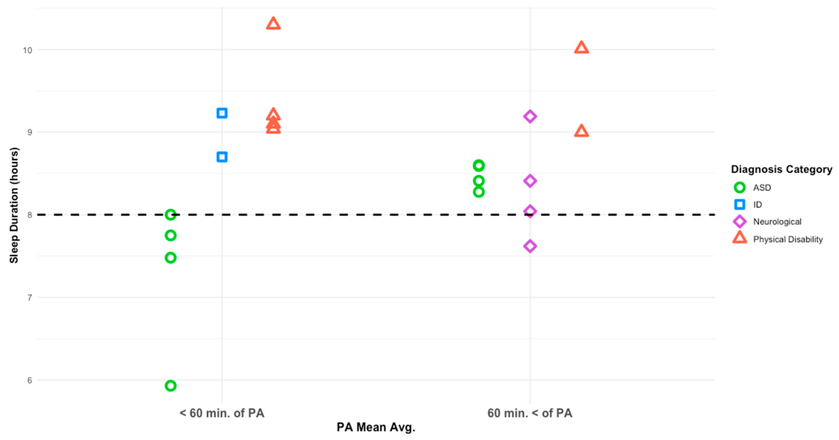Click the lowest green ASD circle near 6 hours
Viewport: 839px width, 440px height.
(x=170, y=386)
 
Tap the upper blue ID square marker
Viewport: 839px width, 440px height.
(x=222, y=113)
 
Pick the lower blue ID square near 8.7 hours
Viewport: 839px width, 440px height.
(x=222, y=157)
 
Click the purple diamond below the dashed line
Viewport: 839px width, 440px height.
(x=530, y=246)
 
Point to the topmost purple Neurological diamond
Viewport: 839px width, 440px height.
(x=530, y=116)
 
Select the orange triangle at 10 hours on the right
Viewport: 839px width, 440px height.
(x=581, y=48)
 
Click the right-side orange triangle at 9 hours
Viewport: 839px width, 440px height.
(x=581, y=131)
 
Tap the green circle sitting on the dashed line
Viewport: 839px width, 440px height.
(x=170, y=214)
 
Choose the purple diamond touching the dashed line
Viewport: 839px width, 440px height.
(x=530, y=211)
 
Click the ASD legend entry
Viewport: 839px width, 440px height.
(x=762, y=188)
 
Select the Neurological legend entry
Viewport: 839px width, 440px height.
(x=777, y=222)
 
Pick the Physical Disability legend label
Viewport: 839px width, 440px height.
(x=787, y=239)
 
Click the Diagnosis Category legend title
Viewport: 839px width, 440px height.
(x=781, y=169)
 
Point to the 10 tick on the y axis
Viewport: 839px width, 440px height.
(x=28, y=50)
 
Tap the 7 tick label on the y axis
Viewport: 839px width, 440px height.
(x=30, y=297)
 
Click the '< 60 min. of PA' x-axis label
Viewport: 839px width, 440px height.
(x=222, y=413)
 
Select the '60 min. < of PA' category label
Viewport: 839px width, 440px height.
(x=530, y=413)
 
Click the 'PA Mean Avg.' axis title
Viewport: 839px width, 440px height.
(x=375, y=427)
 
